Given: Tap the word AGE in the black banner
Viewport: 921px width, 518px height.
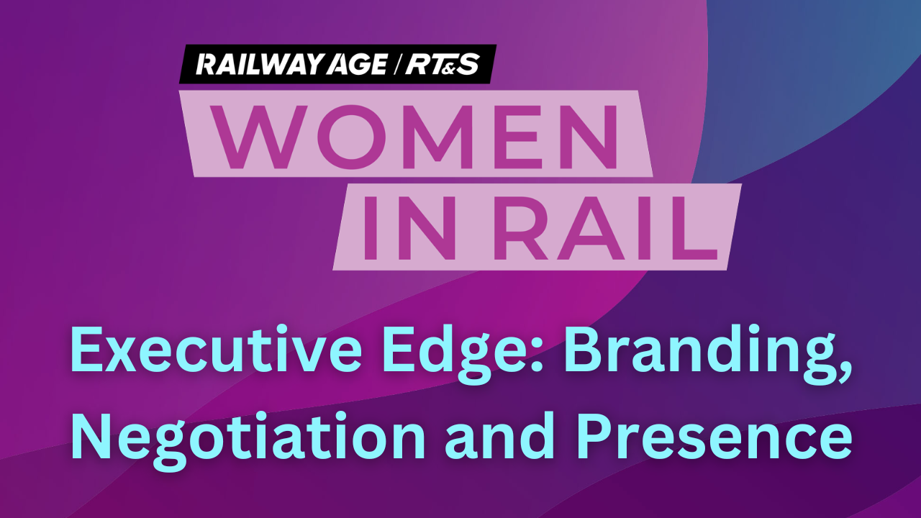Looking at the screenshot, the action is (x=357, y=65).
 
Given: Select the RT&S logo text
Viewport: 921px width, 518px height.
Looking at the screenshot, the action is (x=443, y=65).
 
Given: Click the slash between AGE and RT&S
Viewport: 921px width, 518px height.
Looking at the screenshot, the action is (x=396, y=65).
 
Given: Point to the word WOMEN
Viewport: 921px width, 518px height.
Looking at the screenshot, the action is (x=414, y=137).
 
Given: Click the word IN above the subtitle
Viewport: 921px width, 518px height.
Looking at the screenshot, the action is (x=409, y=227).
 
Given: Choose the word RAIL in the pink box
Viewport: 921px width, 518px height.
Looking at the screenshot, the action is (x=605, y=227).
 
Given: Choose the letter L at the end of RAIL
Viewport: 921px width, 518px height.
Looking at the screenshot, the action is (x=696, y=227).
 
